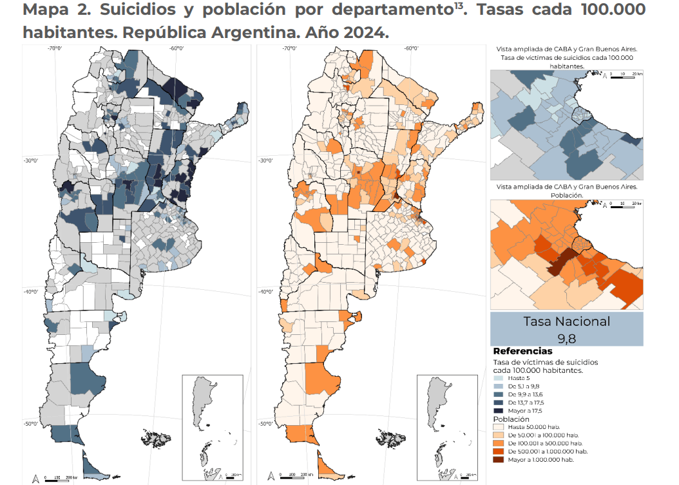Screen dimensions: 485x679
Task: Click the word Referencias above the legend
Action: [522, 351]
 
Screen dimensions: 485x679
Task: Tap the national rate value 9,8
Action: [566, 337]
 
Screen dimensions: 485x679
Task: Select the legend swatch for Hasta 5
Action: [499, 379]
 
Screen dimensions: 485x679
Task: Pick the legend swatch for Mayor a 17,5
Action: [499, 410]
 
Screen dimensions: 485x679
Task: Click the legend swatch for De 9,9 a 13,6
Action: [499, 394]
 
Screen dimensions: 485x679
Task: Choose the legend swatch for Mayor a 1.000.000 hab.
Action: [499, 459]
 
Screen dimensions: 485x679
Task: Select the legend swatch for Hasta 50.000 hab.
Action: [499, 427]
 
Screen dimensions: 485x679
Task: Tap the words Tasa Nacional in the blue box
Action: [566, 321]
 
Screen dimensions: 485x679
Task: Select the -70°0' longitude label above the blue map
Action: [53, 49]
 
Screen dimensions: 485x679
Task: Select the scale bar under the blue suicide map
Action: [62, 477]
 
